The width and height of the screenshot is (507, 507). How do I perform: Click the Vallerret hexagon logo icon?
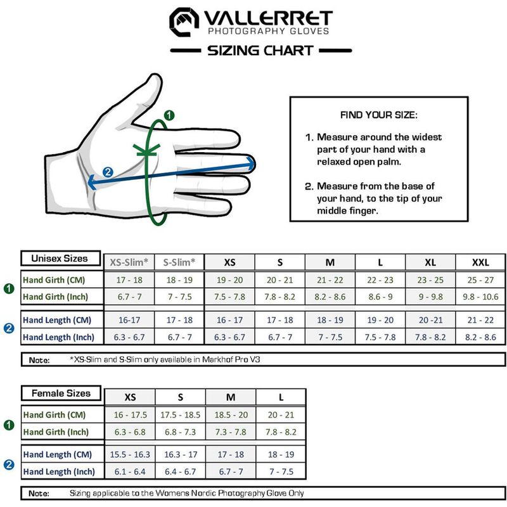point(184,22)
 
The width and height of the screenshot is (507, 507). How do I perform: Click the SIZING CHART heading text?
point(260,51)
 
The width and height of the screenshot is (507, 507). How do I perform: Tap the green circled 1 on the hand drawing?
point(169,115)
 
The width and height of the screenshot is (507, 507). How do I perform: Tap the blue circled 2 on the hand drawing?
point(108,172)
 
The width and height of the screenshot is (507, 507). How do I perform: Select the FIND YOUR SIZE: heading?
point(379,115)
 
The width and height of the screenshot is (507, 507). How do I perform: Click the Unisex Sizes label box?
point(61,259)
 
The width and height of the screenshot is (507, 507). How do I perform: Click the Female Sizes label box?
point(61,394)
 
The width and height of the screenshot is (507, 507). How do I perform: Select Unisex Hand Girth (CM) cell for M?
point(330,280)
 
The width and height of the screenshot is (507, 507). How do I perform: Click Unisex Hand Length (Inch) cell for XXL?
point(480,337)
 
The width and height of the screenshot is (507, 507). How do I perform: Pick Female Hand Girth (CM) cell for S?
point(180,415)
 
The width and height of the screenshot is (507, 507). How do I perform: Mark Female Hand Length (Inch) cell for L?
point(281,472)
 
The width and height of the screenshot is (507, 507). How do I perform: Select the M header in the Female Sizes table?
point(231,397)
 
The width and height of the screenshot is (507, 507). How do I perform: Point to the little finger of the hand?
point(203,206)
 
